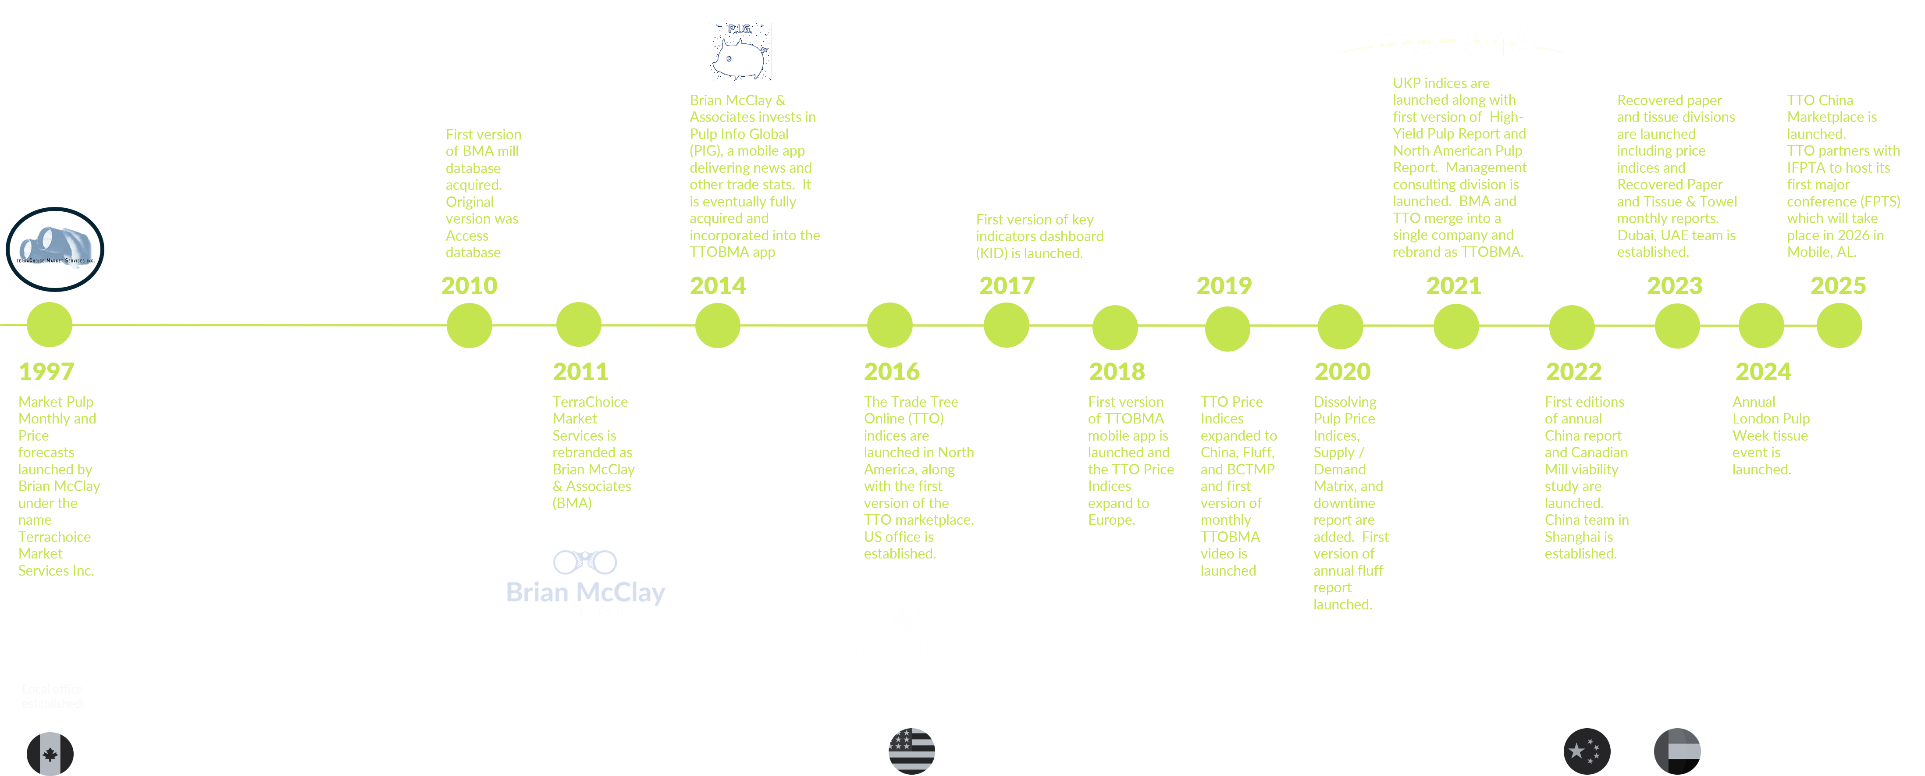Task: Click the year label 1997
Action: pyautogui.click(x=46, y=371)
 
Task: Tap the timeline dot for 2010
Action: pyautogui.click(x=469, y=325)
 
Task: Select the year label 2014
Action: pyautogui.click(x=717, y=285)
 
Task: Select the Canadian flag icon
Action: pyautogui.click(x=50, y=754)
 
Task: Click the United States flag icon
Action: pyautogui.click(x=912, y=751)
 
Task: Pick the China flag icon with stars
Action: pyautogui.click(x=1587, y=751)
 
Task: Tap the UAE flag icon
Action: pyautogui.click(x=1678, y=751)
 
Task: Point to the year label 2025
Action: pyautogui.click(x=1838, y=285)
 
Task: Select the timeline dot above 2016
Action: pyautogui.click(x=889, y=325)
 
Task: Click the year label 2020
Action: pyautogui.click(x=1342, y=371)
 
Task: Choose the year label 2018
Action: pyautogui.click(x=1117, y=371)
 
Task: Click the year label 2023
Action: pyautogui.click(x=1675, y=285)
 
